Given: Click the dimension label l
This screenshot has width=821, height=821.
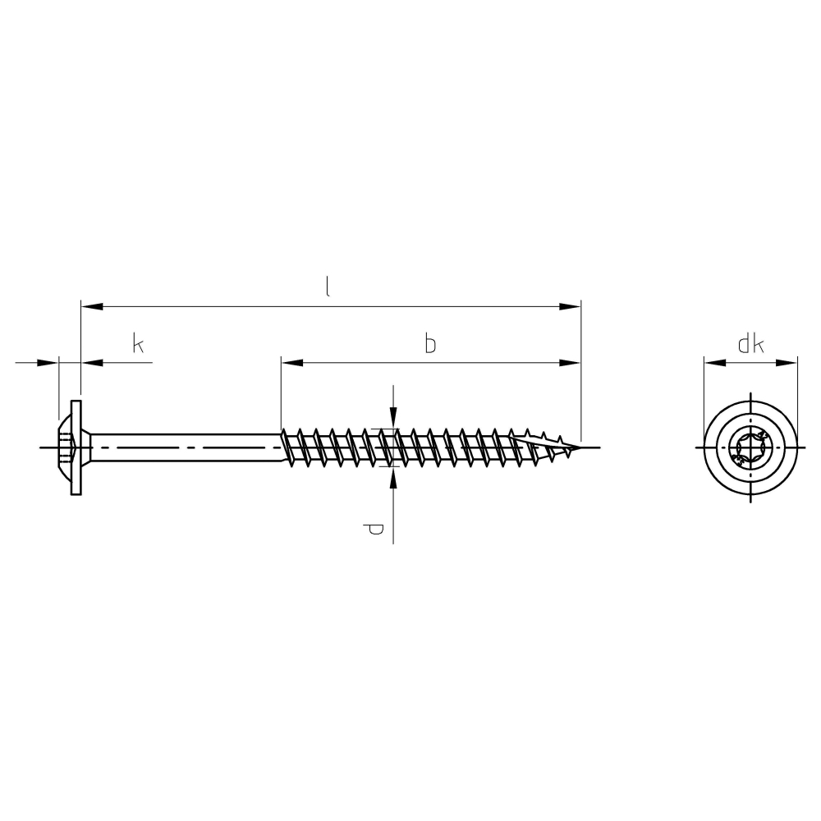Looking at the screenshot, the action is click(x=328, y=287).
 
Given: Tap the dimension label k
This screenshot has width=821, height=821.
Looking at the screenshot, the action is click(x=138, y=344).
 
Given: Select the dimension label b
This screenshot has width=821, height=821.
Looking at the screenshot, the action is click(x=430, y=344).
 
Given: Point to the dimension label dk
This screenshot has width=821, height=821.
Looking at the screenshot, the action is click(x=751, y=344).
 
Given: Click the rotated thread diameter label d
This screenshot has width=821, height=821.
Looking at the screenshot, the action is click(x=374, y=530).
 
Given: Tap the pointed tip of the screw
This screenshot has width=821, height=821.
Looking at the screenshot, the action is click(x=580, y=447).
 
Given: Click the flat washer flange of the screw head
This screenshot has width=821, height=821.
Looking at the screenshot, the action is click(x=76, y=447).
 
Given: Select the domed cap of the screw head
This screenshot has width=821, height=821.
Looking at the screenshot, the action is click(x=64, y=447).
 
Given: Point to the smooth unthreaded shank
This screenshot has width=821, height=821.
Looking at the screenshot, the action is click(x=186, y=447).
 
